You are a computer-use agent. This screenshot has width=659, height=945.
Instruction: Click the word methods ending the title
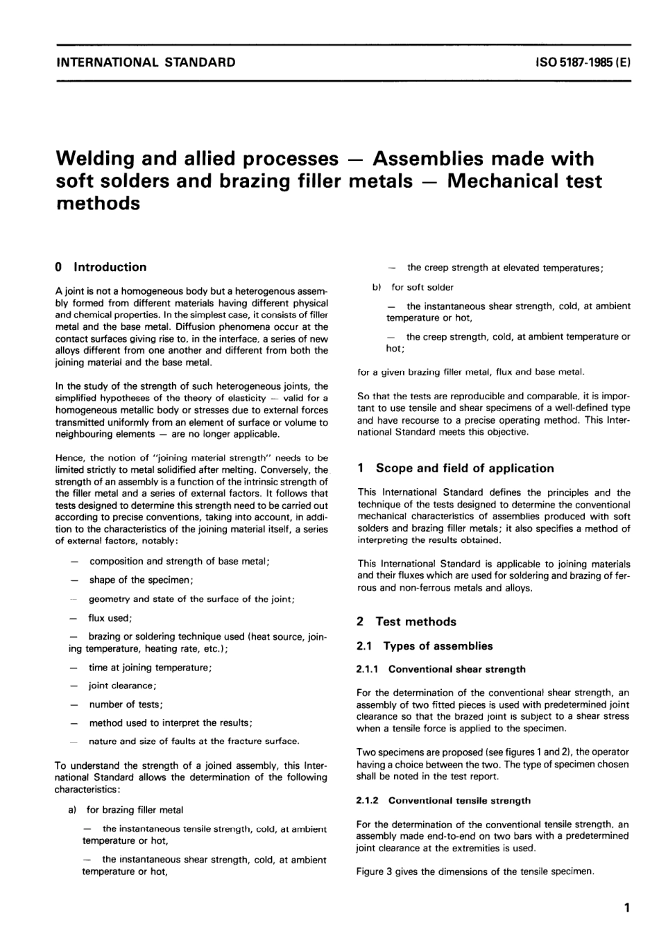pyautogui.click(x=97, y=203)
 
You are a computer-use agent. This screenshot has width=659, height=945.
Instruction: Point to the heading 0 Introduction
pyautogui.click(x=101, y=267)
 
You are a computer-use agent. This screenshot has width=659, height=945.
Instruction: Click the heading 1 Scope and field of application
pyautogui.click(x=456, y=468)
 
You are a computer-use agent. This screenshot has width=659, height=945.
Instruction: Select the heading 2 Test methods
pyautogui.click(x=406, y=622)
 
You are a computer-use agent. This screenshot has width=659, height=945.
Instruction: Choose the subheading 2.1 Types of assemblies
pyautogui.click(x=425, y=646)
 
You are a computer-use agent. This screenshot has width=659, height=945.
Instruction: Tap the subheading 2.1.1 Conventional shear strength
pyautogui.click(x=440, y=669)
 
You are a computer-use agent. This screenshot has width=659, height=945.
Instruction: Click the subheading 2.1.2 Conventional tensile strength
pyautogui.click(x=443, y=800)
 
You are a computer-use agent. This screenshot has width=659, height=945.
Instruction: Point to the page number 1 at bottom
pyautogui.click(x=626, y=908)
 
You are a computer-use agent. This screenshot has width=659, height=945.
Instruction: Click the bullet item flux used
pyautogui.click(x=110, y=618)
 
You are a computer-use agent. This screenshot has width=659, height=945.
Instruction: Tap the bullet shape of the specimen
pyautogui.click(x=141, y=580)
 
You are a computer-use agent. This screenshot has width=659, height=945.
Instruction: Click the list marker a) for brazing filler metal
pyautogui.click(x=72, y=810)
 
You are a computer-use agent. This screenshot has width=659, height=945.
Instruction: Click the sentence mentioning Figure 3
pyautogui.click(x=475, y=872)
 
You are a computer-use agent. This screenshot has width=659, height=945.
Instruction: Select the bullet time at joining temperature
pyautogui.click(x=150, y=668)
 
